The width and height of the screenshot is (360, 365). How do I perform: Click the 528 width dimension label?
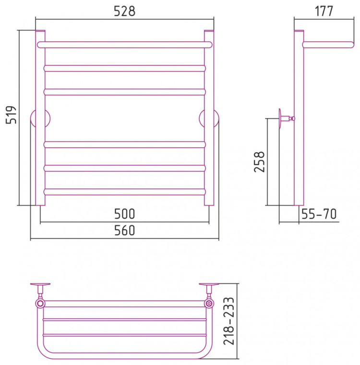pyautogui.click(x=124, y=11)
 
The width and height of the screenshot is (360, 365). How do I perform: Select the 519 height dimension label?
pyautogui.click(x=11, y=115)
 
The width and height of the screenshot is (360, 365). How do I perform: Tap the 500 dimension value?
pyautogui.click(x=124, y=214)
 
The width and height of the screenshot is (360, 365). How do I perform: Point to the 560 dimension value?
pyautogui.click(x=124, y=230)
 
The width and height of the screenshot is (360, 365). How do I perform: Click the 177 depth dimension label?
pyautogui.click(x=324, y=11)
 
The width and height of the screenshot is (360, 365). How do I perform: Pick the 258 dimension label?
pyautogui.click(x=259, y=162)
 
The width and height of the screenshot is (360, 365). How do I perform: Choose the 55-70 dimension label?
pyautogui.click(x=319, y=214)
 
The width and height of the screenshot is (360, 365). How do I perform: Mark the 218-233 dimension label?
pyautogui.click(x=229, y=321)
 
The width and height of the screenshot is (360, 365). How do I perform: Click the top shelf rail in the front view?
pyautogui.click(x=125, y=45)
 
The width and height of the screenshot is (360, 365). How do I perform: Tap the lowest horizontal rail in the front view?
pyautogui.click(x=125, y=192)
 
